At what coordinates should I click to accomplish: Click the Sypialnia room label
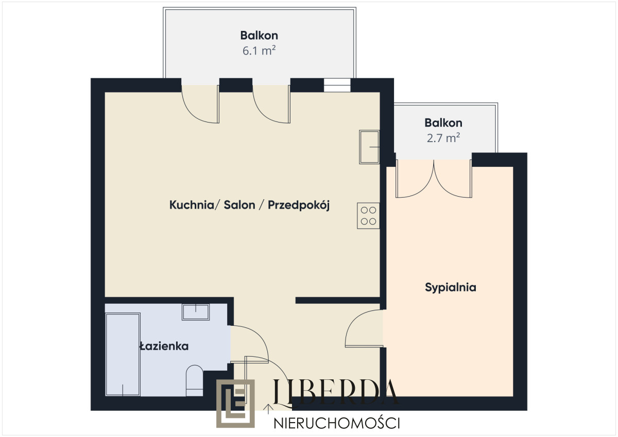(450, 287)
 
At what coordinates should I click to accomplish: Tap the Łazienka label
(164, 346)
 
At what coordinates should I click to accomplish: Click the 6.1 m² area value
(259, 50)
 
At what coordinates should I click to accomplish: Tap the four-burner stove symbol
(368, 215)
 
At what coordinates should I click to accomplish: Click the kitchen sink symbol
(369, 147)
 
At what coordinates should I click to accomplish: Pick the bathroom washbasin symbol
(196, 312)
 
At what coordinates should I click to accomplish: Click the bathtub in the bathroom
(123, 354)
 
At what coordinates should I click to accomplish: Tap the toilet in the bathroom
(195, 381)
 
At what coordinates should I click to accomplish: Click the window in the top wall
(337, 85)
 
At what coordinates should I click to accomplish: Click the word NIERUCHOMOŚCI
(336, 423)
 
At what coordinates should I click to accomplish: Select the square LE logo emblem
(235, 404)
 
